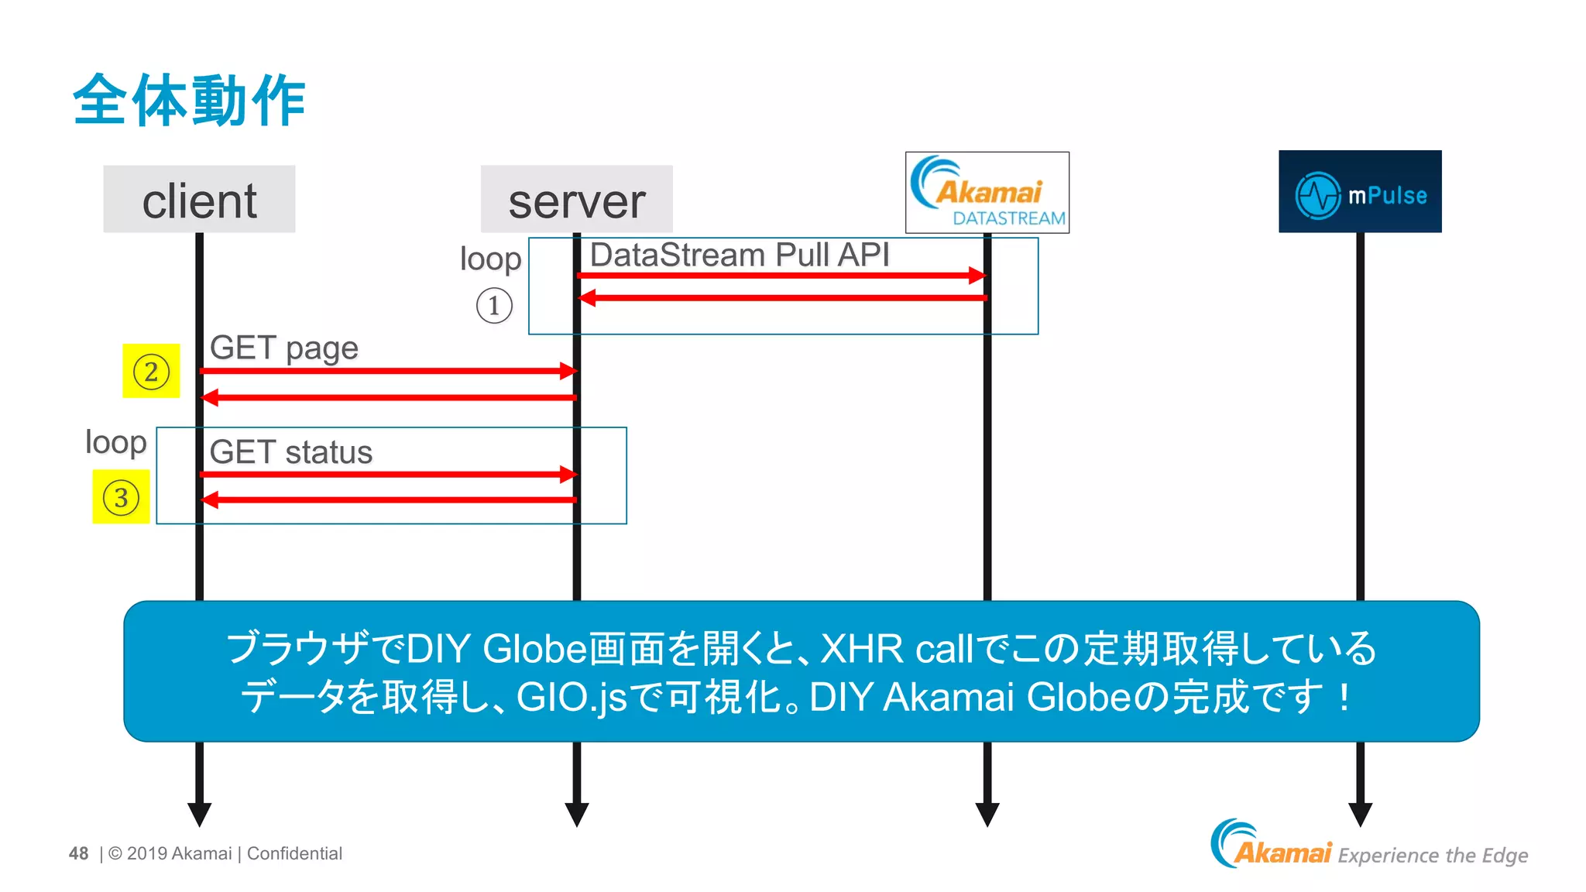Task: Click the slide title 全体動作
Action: (189, 100)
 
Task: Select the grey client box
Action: (199, 200)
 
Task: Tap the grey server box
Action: (576, 200)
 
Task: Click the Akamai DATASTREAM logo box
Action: (987, 192)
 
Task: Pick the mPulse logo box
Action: (1360, 192)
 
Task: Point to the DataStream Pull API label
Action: (739, 255)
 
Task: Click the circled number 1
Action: (494, 305)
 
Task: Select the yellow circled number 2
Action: (151, 371)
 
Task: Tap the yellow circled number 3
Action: (121, 497)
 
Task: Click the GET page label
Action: (283, 348)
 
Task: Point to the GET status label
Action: (290, 452)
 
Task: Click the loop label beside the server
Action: (490, 259)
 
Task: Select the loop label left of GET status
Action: (115, 442)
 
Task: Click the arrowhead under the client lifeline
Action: (199, 813)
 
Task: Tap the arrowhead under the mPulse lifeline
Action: (1360, 813)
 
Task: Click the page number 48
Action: (78, 853)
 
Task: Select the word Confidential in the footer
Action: (294, 853)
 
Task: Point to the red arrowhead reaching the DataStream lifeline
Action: (977, 275)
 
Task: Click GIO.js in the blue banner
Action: (571, 697)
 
